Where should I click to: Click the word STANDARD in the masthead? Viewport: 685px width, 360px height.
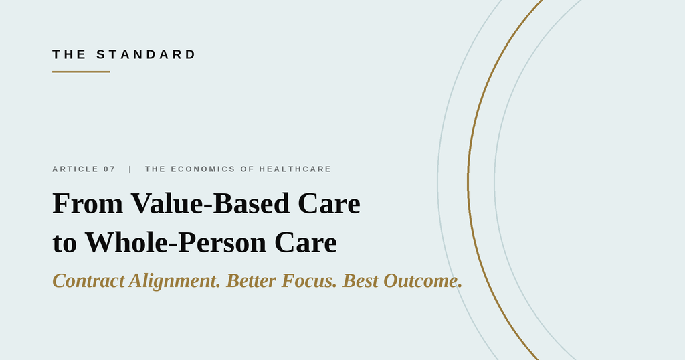[x=146, y=54]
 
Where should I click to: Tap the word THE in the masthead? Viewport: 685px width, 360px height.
[x=69, y=54]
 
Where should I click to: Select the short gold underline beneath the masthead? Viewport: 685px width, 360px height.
[x=81, y=72]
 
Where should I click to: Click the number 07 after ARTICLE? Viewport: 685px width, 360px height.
[x=109, y=169]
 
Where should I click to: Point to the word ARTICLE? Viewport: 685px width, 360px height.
[x=75, y=169]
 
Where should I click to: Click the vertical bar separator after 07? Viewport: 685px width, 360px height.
[x=130, y=169]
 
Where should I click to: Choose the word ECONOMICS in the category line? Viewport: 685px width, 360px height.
[x=203, y=169]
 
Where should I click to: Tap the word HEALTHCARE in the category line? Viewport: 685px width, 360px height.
[x=295, y=169]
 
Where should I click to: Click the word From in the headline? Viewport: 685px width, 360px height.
[x=88, y=203]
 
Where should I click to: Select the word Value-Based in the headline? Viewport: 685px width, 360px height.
[x=210, y=203]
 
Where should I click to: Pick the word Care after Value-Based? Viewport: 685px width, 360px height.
[x=329, y=203]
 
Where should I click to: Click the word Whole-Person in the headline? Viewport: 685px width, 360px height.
[x=175, y=242]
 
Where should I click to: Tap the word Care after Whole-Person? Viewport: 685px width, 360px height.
[x=305, y=242]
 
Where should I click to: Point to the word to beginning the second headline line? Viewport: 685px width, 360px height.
[x=65, y=244]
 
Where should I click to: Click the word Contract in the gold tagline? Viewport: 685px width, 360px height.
[x=89, y=280]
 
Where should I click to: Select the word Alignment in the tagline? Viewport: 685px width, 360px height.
[x=175, y=281]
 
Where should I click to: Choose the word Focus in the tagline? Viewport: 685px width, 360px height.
[x=309, y=280]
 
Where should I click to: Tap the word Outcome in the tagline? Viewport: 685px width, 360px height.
[x=423, y=280]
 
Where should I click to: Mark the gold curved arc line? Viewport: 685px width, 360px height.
[x=468, y=180]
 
